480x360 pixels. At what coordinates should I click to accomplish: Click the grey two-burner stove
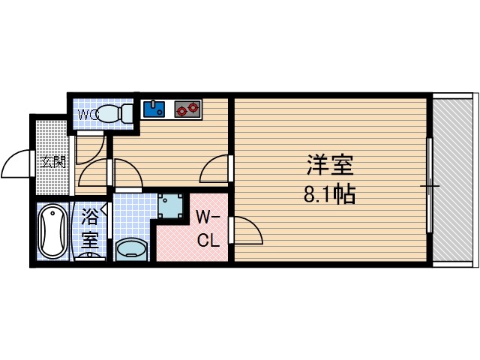coord(187,109)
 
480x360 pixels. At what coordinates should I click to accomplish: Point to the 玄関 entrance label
coord(52,162)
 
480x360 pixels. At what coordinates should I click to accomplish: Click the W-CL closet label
coord(208,228)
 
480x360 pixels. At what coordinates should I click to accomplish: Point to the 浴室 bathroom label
coord(90,229)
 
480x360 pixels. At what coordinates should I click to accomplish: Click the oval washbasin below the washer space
coord(133,248)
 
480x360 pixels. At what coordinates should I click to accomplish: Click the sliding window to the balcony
coord(429,184)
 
